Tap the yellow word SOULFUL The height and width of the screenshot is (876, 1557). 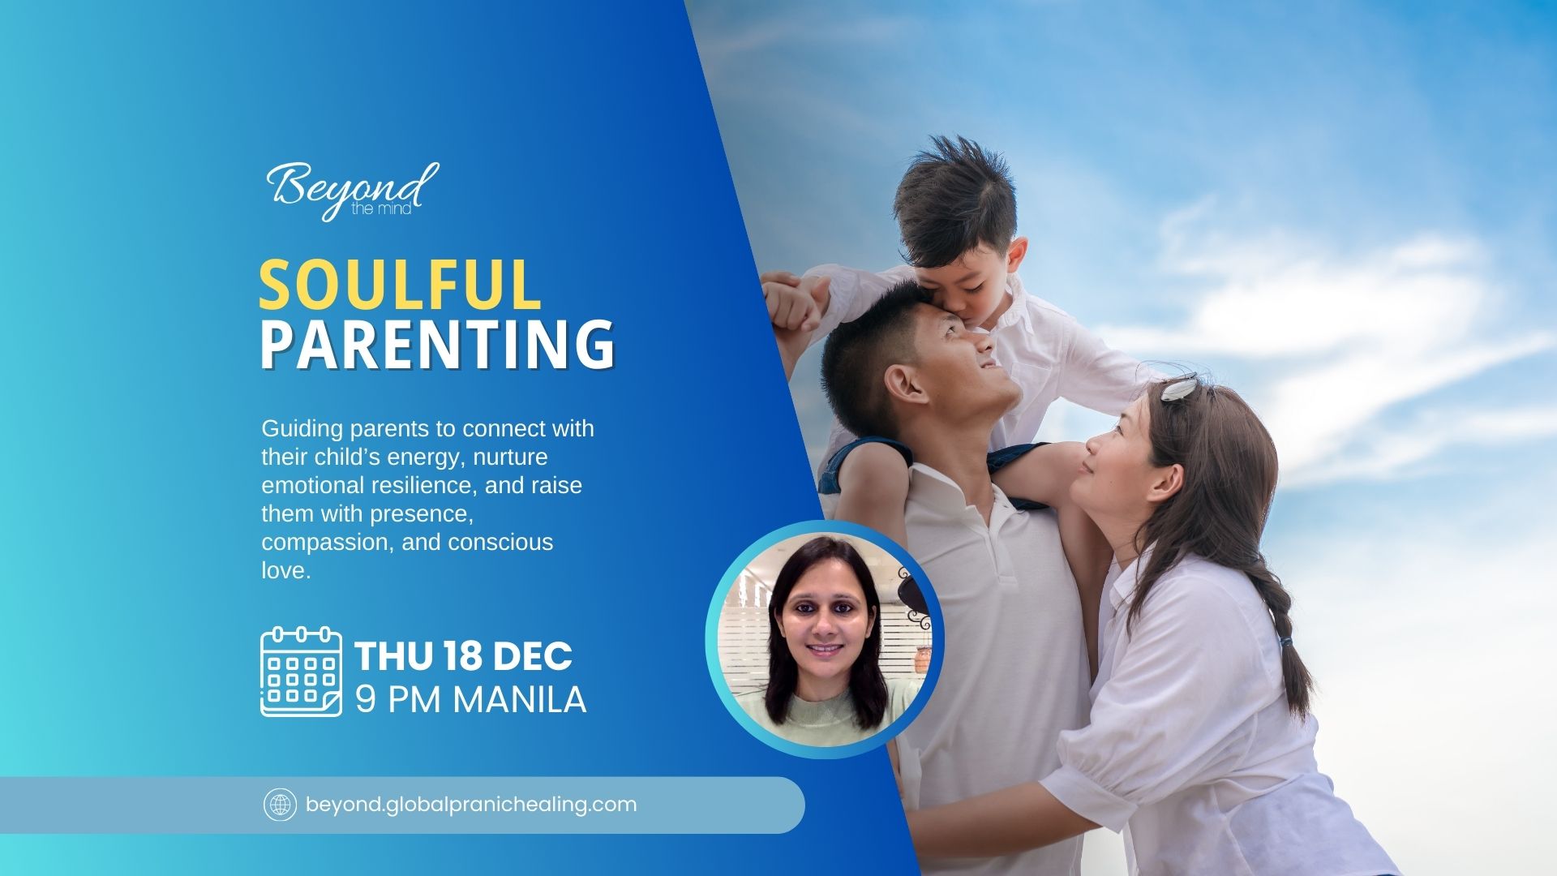tap(400, 285)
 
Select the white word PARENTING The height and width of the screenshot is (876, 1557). tap(437, 345)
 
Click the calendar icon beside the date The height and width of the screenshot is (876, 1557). tap(301, 672)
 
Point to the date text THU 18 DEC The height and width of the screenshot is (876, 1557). tap(463, 656)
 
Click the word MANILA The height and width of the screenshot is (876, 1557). tap(519, 700)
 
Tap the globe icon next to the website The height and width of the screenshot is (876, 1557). tap(281, 805)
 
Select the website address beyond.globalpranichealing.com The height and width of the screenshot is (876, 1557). tap(471, 805)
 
